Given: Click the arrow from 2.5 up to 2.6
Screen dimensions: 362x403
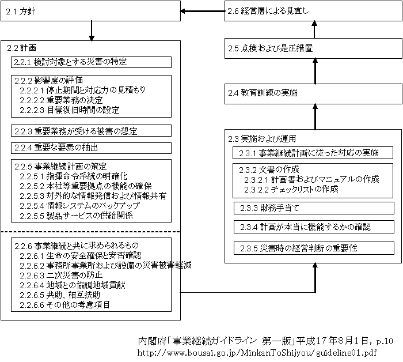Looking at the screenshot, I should pos(315,29).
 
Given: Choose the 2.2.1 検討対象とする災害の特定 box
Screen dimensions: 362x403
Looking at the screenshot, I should pos(92,62).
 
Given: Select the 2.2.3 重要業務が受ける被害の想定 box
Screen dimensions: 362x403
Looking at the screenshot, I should pos(92,131).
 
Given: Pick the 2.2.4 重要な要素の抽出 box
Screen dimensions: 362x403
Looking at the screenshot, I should pos(92,148).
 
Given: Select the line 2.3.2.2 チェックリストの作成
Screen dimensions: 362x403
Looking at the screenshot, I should pos(291,189).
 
